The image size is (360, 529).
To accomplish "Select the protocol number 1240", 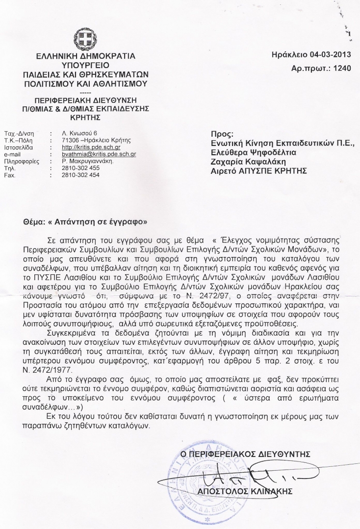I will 342,69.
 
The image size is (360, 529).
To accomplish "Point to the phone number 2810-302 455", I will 80,168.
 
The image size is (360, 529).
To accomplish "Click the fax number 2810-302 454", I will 80,174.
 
